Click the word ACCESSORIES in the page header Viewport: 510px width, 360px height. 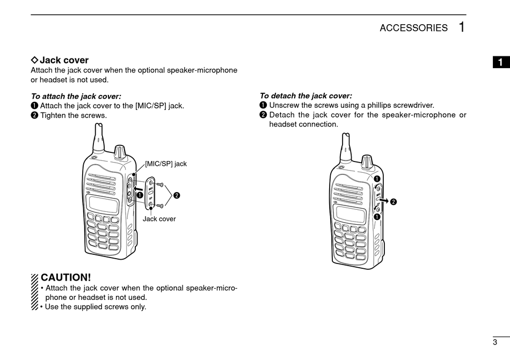tap(413, 28)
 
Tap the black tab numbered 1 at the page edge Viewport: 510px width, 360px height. tap(500, 62)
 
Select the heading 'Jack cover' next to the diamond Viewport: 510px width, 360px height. tap(64, 60)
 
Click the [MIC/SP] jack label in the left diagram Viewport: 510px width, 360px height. tap(166, 164)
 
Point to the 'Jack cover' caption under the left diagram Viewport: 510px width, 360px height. tap(159, 219)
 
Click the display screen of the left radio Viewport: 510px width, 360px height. tap(103, 204)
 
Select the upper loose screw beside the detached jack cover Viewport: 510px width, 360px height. tap(159, 185)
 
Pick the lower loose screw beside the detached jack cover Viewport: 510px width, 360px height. tap(159, 205)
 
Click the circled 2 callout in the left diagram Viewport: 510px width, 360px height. tap(176, 195)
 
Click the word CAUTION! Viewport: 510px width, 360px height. tap(66, 277)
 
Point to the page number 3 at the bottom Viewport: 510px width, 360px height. tap(494, 342)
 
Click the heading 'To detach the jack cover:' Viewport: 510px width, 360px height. tap(305, 96)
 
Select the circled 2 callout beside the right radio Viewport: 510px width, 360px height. tap(394, 202)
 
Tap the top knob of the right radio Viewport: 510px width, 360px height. tap(367, 161)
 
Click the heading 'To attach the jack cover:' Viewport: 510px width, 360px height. tap(76, 96)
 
